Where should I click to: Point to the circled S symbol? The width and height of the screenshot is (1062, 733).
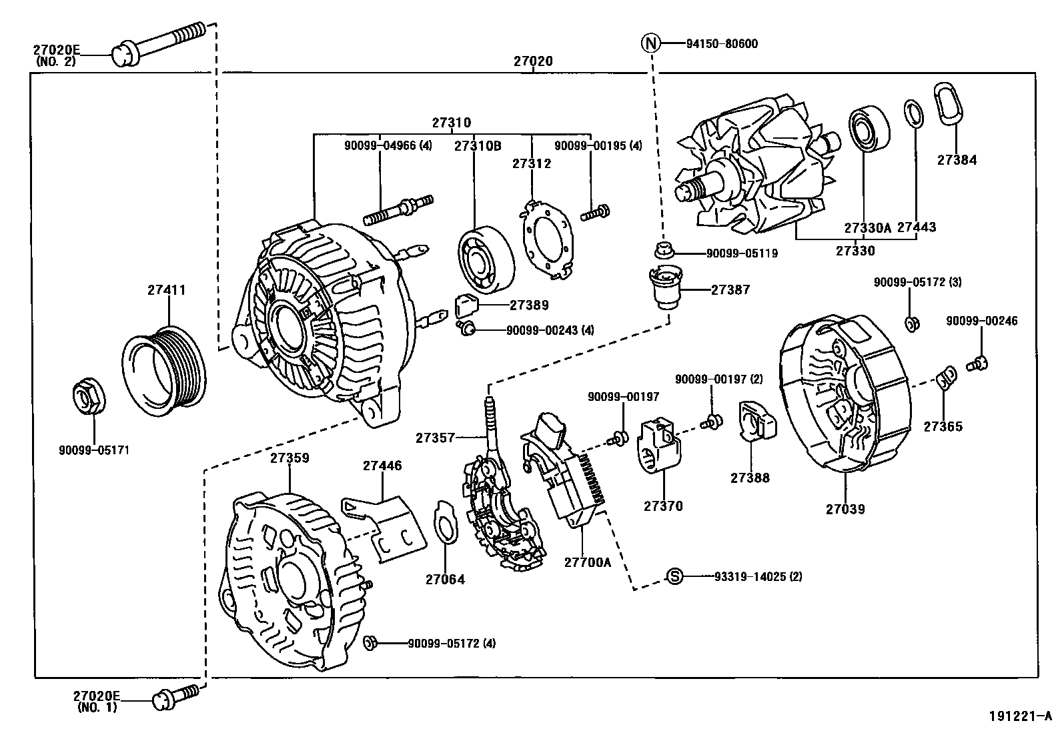pyautogui.click(x=675, y=576)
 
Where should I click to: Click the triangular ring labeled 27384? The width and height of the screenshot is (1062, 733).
pyautogui.click(x=948, y=105)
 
